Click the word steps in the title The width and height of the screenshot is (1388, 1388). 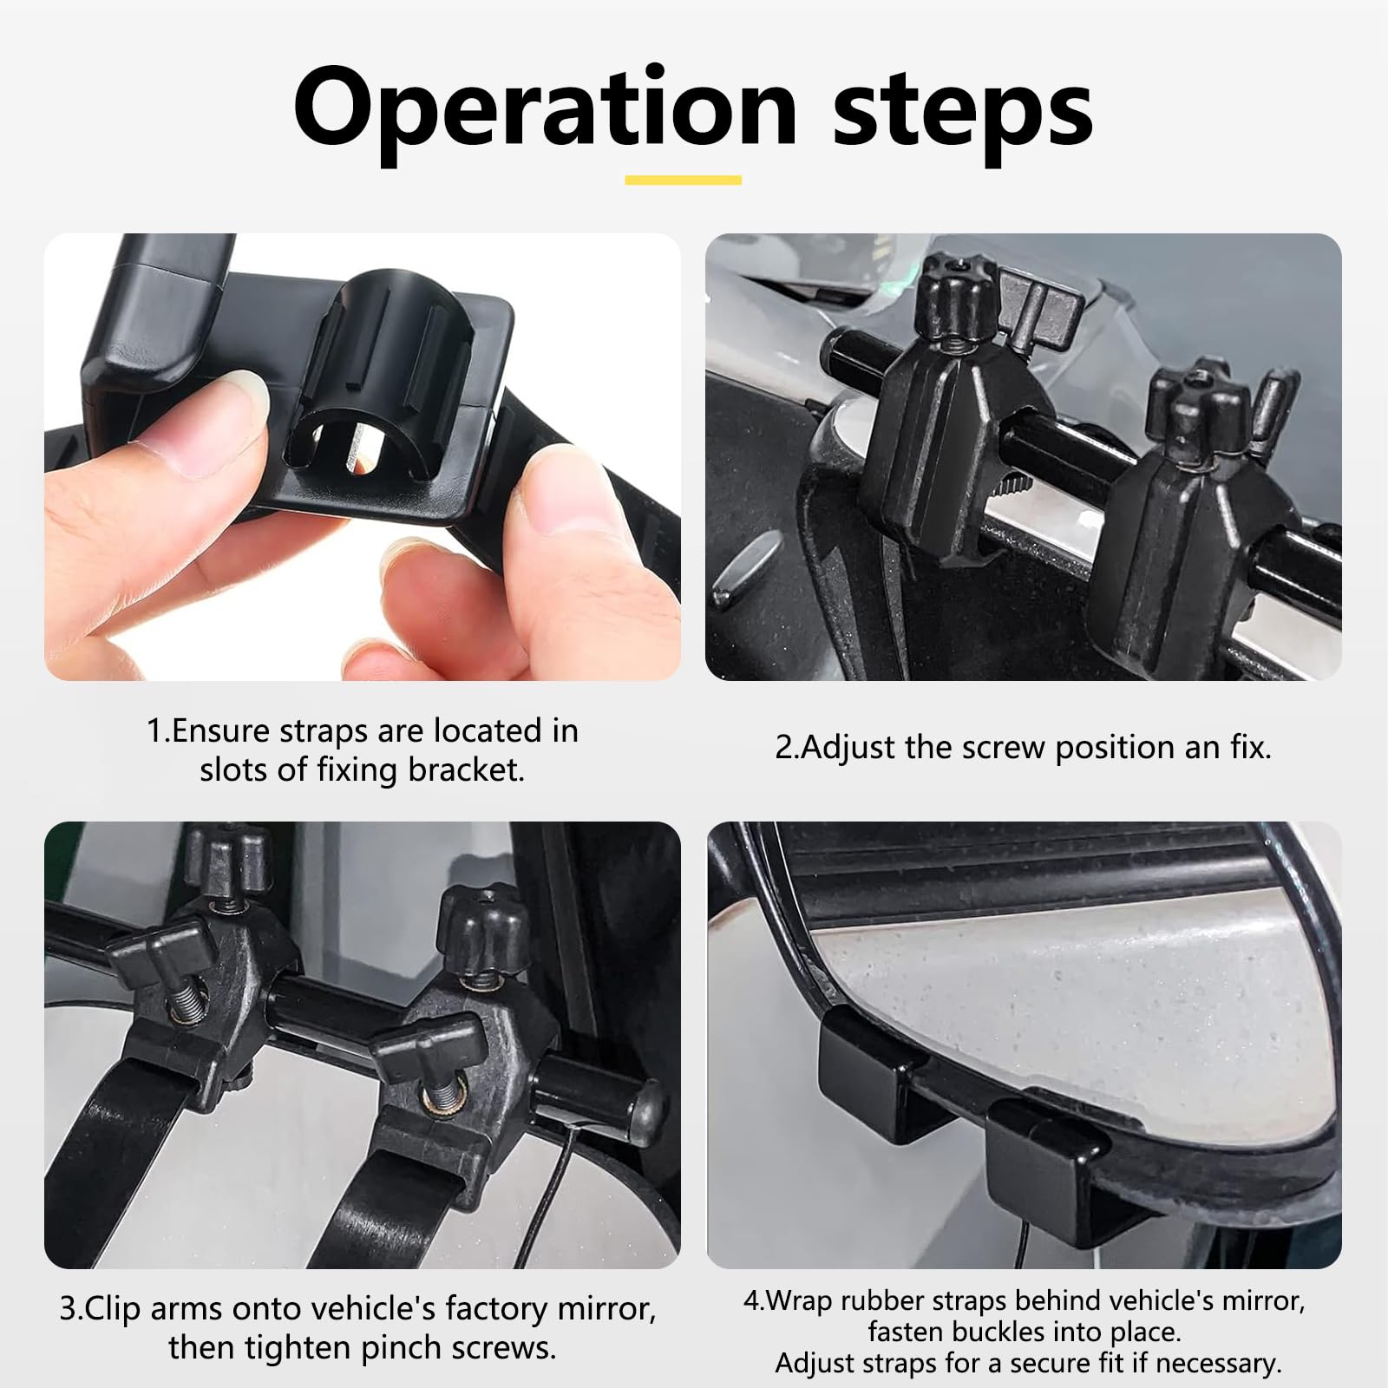pos(962,110)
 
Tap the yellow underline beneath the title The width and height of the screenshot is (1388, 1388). pos(684,180)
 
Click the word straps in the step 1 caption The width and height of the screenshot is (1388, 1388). pos(323,731)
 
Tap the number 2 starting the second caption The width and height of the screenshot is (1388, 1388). pos(783,748)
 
